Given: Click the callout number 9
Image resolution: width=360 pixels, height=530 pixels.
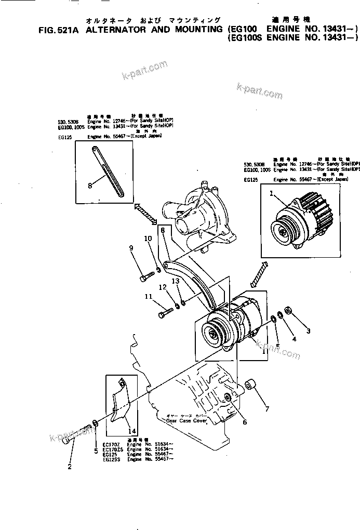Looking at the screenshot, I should [x=131, y=248].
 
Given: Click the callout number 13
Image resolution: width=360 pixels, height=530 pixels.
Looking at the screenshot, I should [x=176, y=281].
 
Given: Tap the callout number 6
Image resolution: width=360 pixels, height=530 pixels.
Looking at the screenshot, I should [x=245, y=422].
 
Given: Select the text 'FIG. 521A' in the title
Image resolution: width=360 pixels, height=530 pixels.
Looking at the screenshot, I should [x=58, y=30].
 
